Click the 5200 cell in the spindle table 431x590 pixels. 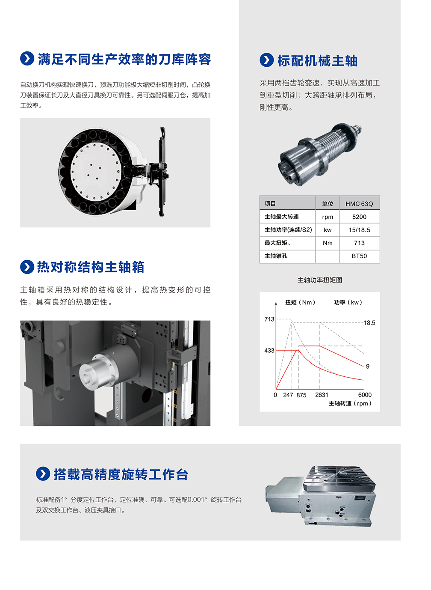click(359, 217)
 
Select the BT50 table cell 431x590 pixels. click(359, 256)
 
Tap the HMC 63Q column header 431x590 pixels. click(359, 204)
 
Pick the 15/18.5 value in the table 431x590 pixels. click(359, 230)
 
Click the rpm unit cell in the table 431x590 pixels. click(328, 217)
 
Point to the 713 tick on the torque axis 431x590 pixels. click(269, 319)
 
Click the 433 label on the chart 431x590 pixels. click(269, 351)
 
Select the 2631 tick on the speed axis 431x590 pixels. click(322, 395)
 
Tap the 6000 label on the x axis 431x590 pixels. click(365, 395)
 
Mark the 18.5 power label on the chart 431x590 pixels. click(369, 323)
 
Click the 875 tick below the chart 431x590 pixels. click(301, 395)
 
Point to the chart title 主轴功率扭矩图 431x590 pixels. click(320, 280)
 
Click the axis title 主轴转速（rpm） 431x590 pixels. click(350, 403)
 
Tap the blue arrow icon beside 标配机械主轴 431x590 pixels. click(267, 60)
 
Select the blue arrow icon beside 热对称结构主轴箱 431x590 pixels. click(27, 267)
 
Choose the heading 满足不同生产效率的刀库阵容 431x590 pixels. click(124, 59)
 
